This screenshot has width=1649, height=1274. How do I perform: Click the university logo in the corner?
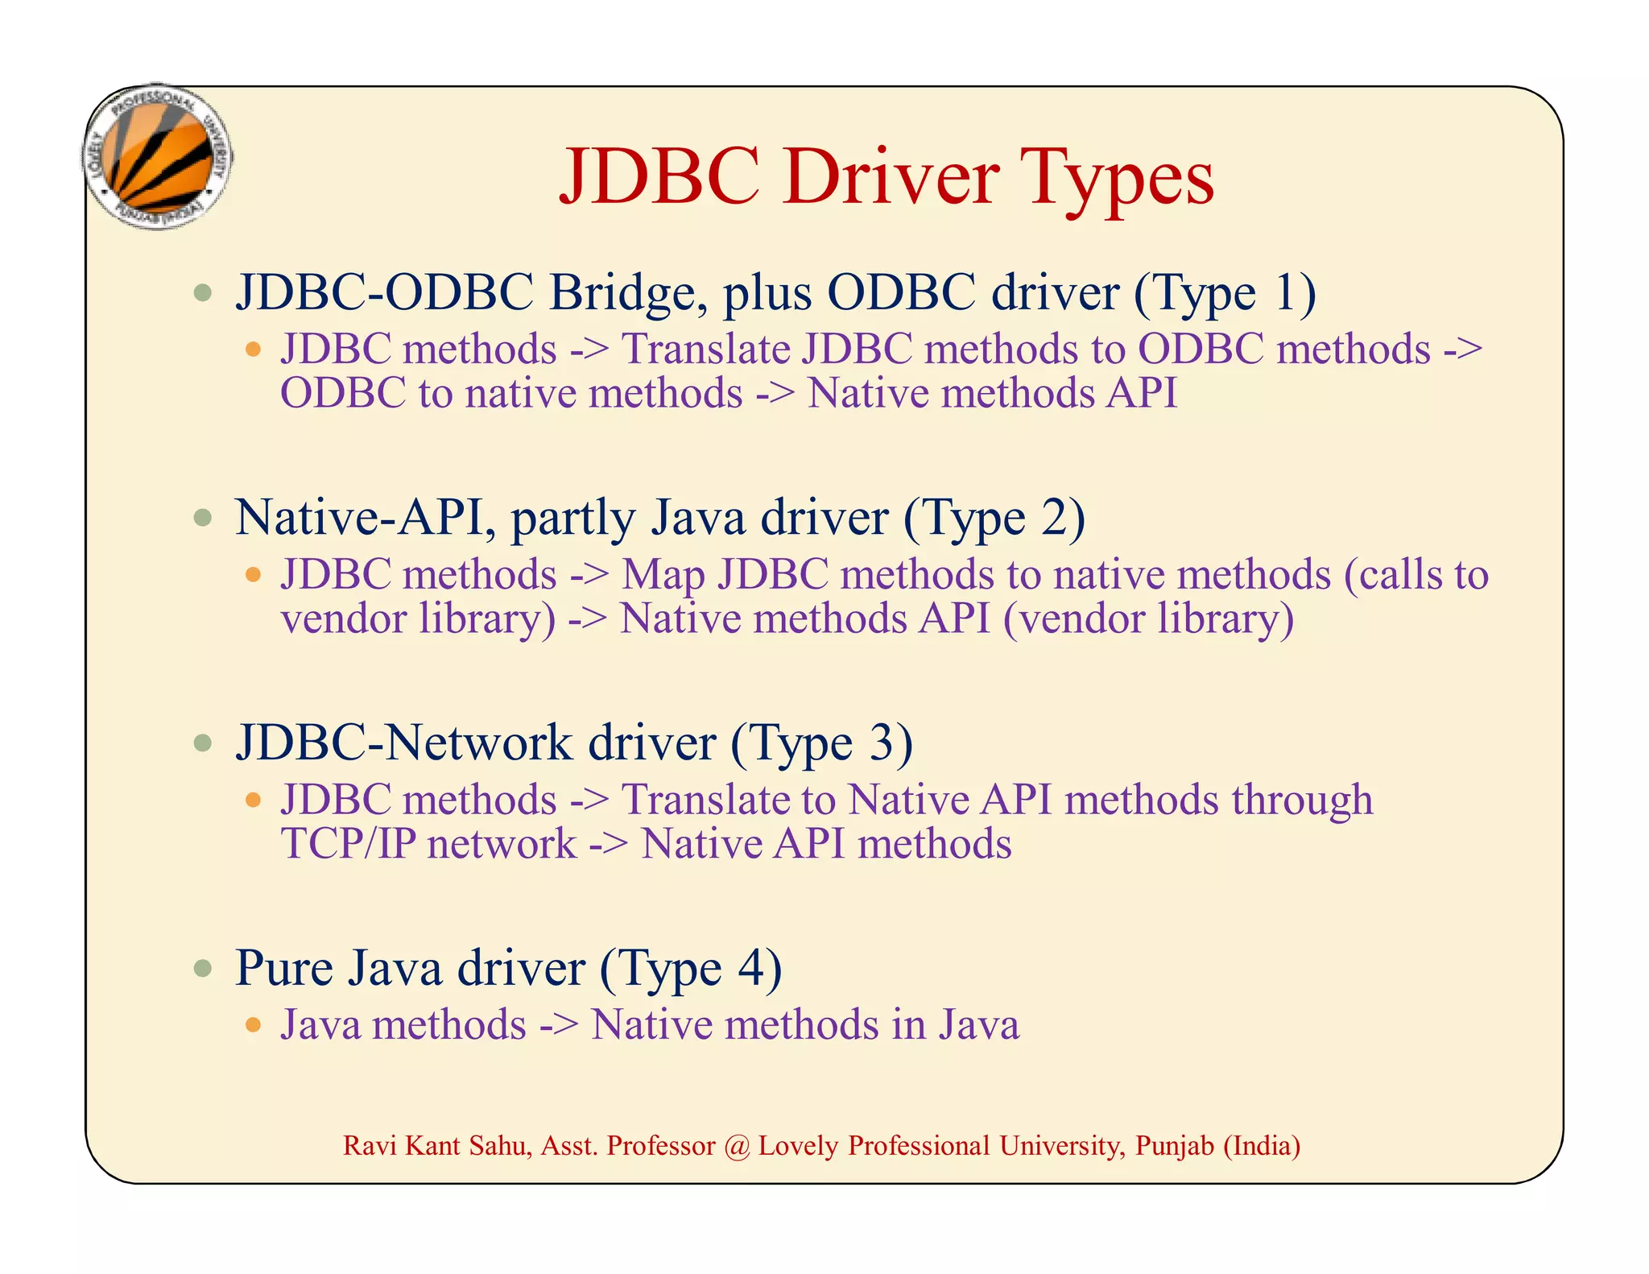tap(159, 157)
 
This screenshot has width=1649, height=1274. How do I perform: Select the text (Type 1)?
tap(1225, 292)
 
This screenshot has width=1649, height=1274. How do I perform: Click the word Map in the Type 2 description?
tap(663, 575)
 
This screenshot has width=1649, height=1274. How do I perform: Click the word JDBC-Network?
tap(403, 742)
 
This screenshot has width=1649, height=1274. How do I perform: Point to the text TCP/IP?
tap(348, 844)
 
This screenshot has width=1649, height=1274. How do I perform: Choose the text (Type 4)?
tap(690, 968)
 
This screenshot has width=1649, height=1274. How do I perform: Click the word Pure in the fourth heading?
tap(284, 968)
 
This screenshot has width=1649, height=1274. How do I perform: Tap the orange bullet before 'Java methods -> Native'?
tap(254, 1025)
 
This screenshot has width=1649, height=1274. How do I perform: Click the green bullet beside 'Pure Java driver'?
tap(203, 968)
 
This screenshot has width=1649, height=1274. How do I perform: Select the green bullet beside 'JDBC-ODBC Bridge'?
tap(203, 292)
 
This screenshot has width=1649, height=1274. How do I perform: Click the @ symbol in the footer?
tap(736, 1146)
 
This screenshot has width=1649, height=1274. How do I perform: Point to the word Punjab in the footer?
tap(1174, 1146)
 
